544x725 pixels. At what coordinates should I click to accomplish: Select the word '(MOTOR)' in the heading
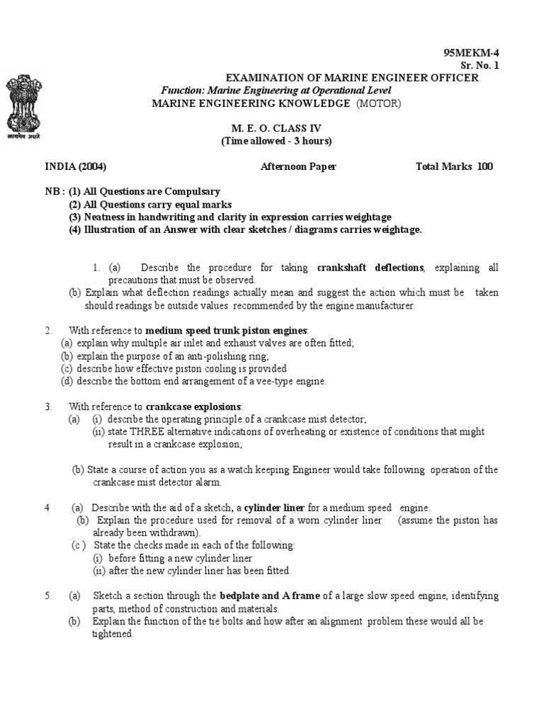coord(378,103)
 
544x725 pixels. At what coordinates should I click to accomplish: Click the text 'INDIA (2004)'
coord(76,167)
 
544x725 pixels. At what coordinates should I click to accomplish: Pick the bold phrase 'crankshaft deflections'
coord(370,268)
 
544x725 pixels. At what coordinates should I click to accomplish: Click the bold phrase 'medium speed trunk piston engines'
coord(227,330)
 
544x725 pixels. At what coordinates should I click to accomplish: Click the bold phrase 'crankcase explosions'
coord(193,406)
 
